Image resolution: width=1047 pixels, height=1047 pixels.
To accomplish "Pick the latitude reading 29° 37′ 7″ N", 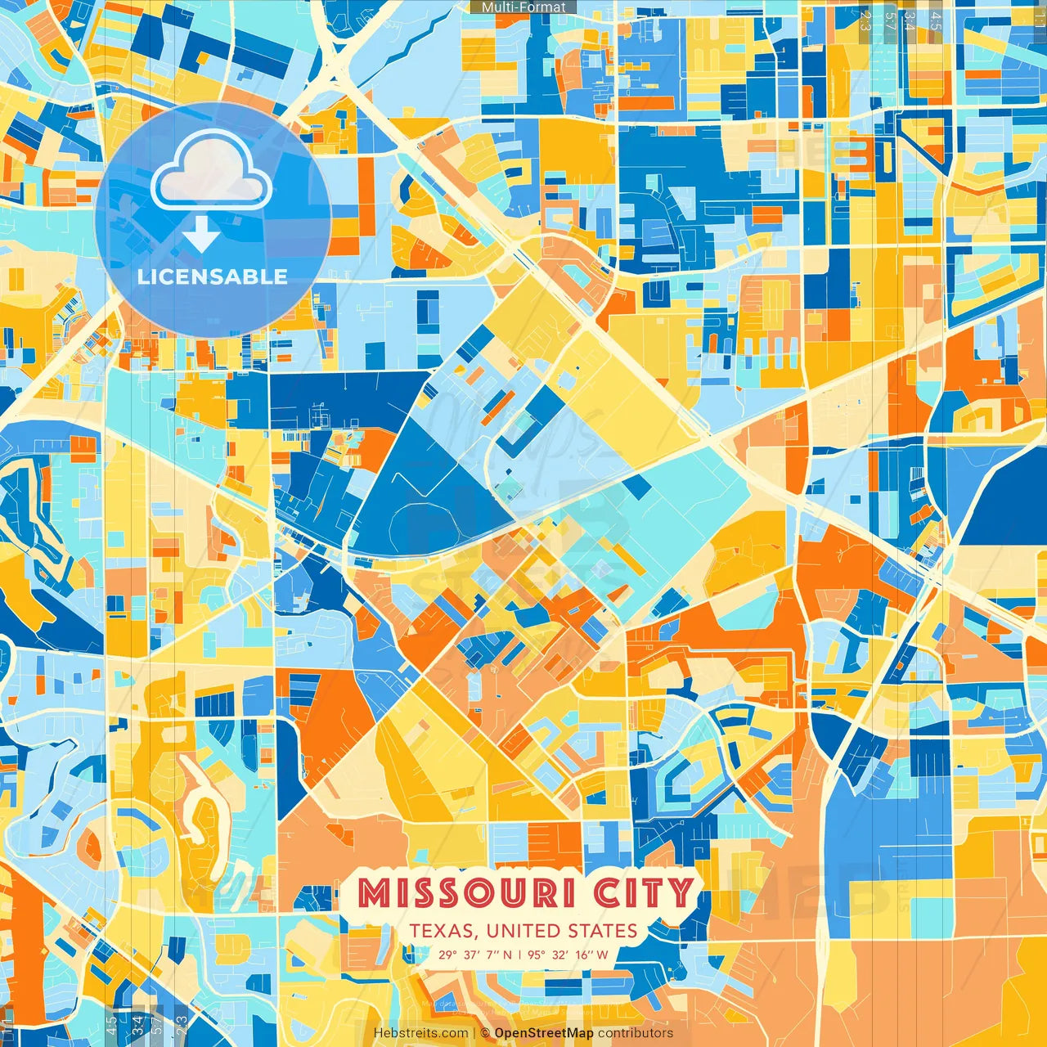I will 475,955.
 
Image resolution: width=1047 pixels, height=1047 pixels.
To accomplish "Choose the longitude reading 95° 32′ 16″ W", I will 568,955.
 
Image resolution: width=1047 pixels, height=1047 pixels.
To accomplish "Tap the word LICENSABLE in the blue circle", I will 213,276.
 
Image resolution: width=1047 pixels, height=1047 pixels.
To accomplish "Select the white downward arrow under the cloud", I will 200,235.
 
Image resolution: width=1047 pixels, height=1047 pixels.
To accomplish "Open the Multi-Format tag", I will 523,7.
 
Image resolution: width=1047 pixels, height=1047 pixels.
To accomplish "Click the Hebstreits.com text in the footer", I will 421,1033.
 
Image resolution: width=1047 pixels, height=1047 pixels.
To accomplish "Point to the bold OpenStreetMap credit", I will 544,1033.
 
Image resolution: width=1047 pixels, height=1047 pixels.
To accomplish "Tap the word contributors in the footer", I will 636,1033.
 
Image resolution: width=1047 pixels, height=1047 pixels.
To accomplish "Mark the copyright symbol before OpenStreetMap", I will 485,1033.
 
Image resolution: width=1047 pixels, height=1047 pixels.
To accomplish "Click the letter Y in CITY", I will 681,893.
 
